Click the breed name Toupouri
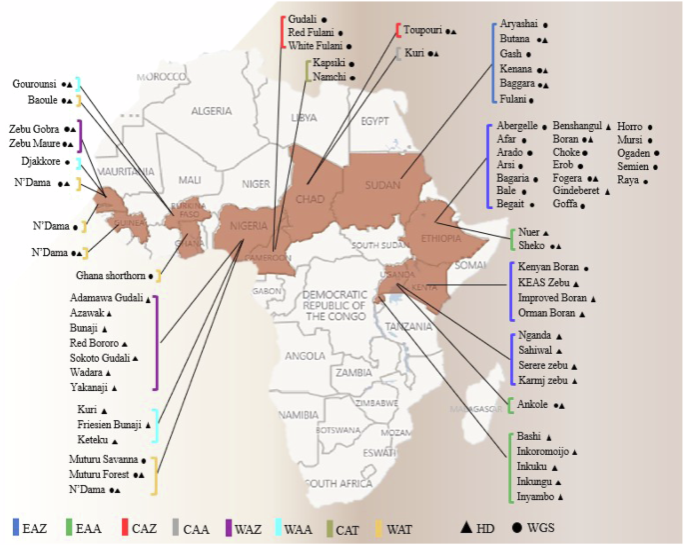(x=423, y=31)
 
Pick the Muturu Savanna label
(x=105, y=459)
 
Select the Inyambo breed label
(x=535, y=496)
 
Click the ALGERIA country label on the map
(x=210, y=110)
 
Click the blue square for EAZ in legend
(x=16, y=527)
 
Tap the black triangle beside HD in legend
(x=466, y=527)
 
